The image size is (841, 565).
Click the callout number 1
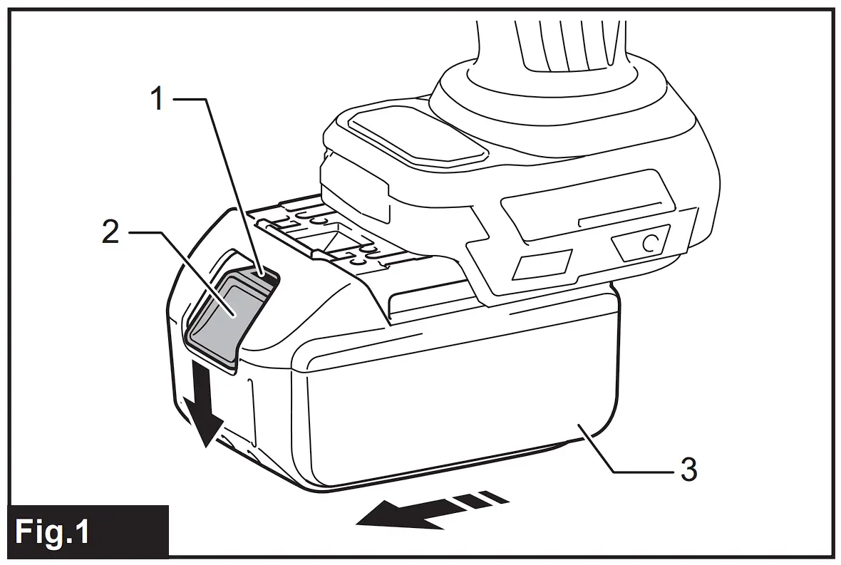(x=157, y=99)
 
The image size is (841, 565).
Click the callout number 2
(x=110, y=232)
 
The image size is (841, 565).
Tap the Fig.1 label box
(x=86, y=531)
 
